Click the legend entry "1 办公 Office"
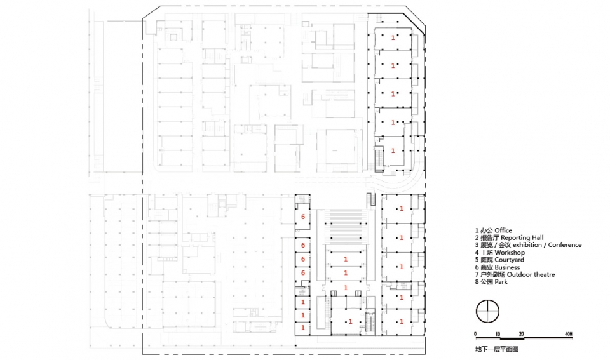point(493,230)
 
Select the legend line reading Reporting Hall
point(509,237)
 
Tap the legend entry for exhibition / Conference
point(528,245)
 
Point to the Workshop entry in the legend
point(499,252)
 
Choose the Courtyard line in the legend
point(499,260)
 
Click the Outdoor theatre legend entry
point(515,274)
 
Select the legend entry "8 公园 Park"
point(491,282)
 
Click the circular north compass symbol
point(487,311)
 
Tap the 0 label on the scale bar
point(475,334)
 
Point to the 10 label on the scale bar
point(498,334)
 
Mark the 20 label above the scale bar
point(521,334)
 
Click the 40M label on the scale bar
point(568,334)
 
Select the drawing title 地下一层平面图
point(497,349)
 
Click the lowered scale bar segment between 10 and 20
point(510,338)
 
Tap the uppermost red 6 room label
point(303,217)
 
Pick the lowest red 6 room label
point(303,273)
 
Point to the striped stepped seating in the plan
point(346,228)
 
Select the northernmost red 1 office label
point(393,37)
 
